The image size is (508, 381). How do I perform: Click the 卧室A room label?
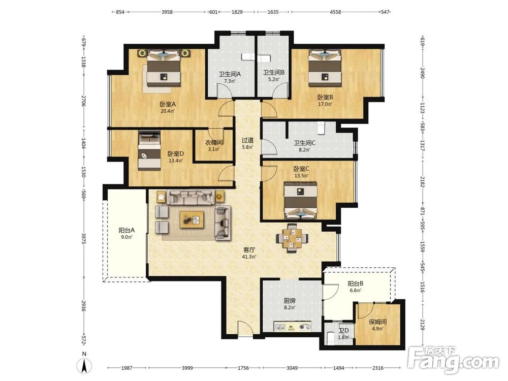pos(168,104)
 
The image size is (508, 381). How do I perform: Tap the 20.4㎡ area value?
pos(168,111)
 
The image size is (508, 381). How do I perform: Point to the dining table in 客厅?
pos(292,238)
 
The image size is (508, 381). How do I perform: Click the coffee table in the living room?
pos(192,219)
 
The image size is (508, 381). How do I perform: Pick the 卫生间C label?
pos(304,143)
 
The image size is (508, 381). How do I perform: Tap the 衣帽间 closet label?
pos(214,143)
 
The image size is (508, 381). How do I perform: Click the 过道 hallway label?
pos(247,140)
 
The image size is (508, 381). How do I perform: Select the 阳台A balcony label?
pos(126,230)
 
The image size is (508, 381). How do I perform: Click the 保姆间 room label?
pos(378,322)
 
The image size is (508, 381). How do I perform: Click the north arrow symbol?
pos(84,366)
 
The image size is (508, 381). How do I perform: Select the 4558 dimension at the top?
pos(335,12)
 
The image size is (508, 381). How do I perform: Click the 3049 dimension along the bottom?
pos(293,368)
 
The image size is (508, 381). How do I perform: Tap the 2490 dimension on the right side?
pos(422,73)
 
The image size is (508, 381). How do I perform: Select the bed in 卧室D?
pos(149,151)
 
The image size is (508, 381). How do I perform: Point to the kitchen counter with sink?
pos(293,326)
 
